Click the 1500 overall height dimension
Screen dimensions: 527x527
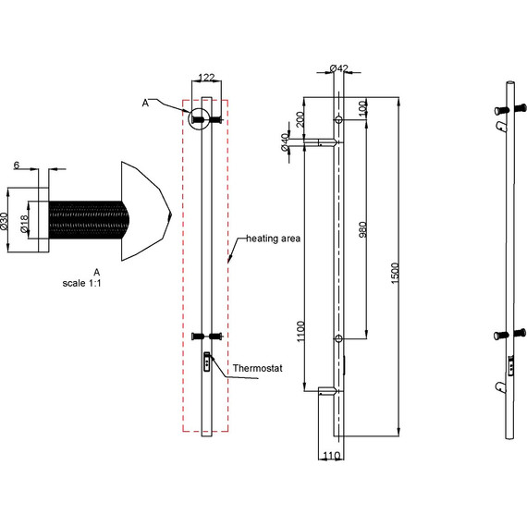click(396, 274)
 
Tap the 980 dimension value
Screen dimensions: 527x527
click(363, 230)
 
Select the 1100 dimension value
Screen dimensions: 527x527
click(300, 331)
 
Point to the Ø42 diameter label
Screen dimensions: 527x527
click(338, 68)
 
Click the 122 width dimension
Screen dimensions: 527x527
click(206, 78)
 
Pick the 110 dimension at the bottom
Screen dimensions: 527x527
click(331, 456)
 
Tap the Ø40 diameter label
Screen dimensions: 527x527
click(285, 142)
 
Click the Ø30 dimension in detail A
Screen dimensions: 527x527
click(5, 221)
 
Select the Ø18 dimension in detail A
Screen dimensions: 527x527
click(24, 224)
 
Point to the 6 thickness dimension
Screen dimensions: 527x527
click(17, 165)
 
